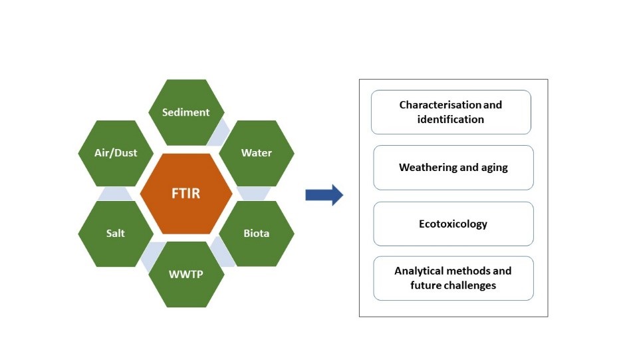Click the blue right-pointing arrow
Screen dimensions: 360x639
pos(324,195)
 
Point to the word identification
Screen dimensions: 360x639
pos(451,120)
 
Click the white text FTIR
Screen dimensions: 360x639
pos(186,194)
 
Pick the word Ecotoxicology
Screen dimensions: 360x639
pos(453,224)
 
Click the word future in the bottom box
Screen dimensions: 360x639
pos(424,285)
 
